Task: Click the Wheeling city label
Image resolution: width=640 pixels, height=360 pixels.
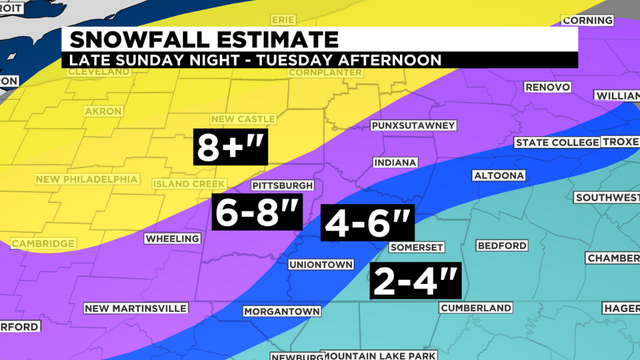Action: coord(172,239)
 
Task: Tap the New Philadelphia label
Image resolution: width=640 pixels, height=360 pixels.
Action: coord(86,180)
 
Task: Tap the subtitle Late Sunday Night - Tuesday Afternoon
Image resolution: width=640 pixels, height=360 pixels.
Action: coord(251,60)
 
